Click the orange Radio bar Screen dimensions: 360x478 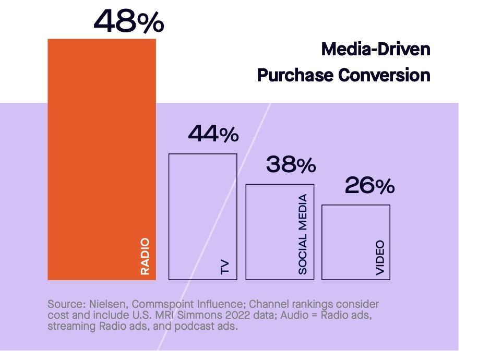102,157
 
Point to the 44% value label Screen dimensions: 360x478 213,134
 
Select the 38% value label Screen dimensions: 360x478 291,165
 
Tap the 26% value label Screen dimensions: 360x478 369,186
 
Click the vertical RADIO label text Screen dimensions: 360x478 145,257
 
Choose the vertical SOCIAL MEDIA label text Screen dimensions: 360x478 303,234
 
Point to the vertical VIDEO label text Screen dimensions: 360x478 380,258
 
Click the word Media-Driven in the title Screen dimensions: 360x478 376,50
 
